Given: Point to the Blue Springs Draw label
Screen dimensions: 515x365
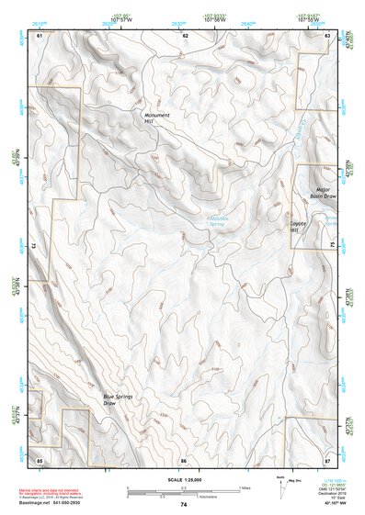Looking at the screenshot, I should click(117, 398).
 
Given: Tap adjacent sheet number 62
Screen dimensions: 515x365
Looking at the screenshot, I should click(185, 35).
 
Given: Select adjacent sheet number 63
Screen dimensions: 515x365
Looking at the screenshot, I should click(328, 35).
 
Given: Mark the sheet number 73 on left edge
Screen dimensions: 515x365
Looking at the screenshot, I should click(35, 246).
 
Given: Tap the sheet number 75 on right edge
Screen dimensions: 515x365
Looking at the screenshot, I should click(333, 246).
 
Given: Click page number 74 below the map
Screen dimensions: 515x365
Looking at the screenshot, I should click(184, 505).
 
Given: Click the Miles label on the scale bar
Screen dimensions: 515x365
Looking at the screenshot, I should click(245, 487).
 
